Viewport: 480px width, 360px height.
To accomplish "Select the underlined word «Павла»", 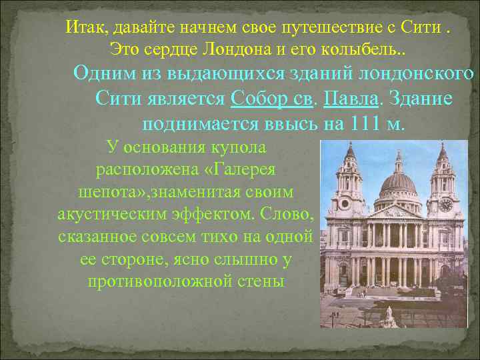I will (351, 99).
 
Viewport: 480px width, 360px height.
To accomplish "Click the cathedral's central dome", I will (398, 184).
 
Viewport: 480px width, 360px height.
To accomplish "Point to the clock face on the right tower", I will (445, 205).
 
